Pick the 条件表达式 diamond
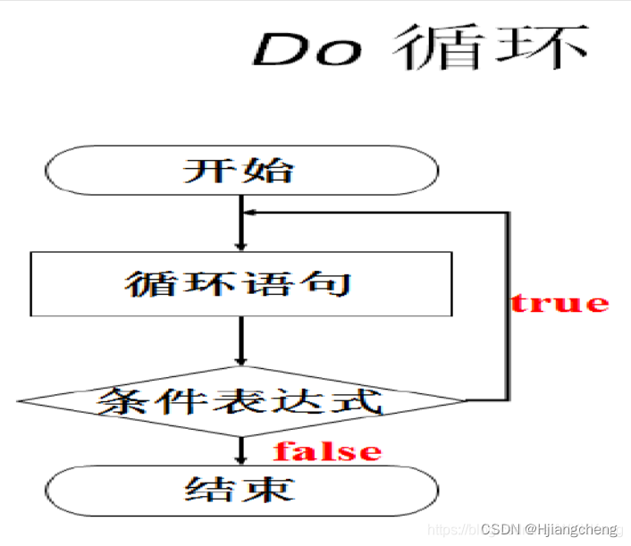[241, 400]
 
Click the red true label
[559, 303]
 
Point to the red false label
[327, 451]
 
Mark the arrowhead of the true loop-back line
[250, 213]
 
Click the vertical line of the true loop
[509, 304]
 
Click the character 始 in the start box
[271, 170]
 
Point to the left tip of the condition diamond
[20, 400]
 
